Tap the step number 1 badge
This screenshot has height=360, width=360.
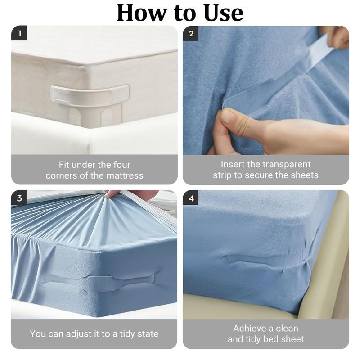(19, 33)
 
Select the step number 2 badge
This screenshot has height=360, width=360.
(190, 33)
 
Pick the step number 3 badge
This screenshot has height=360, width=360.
(19, 198)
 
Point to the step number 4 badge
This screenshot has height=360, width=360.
(190, 198)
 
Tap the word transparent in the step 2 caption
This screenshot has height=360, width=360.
(286, 165)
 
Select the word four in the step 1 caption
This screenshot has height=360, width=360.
(121, 165)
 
